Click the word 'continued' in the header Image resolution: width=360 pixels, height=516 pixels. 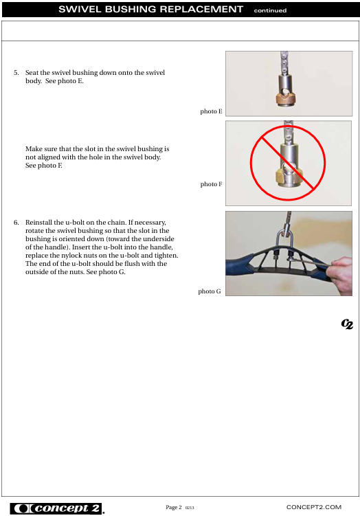click(270, 10)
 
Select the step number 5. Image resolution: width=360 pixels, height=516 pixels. click(16, 73)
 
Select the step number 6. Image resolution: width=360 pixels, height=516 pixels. click(16, 223)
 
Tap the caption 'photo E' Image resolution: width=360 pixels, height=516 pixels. click(212, 111)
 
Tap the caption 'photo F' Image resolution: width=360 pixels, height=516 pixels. click(212, 184)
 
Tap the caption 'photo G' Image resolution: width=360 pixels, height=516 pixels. click(210, 291)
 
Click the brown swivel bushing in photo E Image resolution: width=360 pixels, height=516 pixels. click(285, 99)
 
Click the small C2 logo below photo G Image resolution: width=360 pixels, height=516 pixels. click(347, 324)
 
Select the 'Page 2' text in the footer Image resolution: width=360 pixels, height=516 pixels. click(174, 507)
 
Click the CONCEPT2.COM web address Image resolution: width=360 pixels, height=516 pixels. click(314, 507)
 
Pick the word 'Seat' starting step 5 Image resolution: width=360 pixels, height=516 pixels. click(32, 73)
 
